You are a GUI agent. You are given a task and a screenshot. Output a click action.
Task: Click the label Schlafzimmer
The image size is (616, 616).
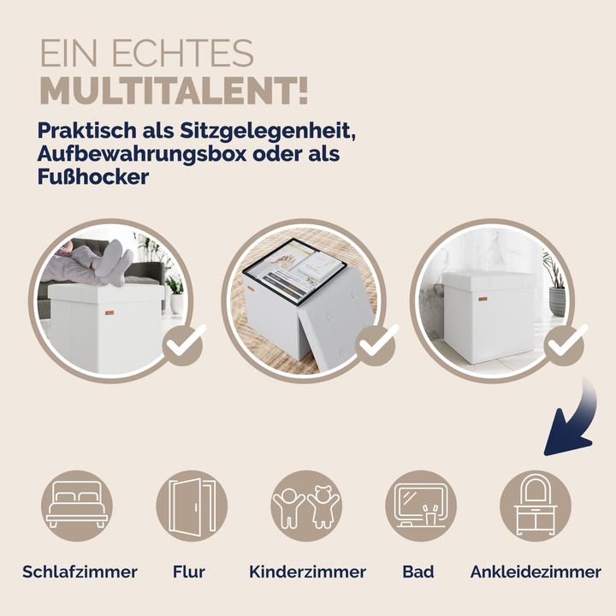coord(80,572)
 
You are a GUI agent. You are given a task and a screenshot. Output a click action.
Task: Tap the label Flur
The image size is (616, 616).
coord(188,572)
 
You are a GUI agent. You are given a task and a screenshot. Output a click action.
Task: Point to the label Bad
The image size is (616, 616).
coord(418,572)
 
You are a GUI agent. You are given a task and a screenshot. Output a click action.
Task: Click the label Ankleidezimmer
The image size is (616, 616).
coord(536,572)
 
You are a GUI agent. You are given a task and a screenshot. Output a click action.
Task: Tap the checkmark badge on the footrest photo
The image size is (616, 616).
coord(182,345)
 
